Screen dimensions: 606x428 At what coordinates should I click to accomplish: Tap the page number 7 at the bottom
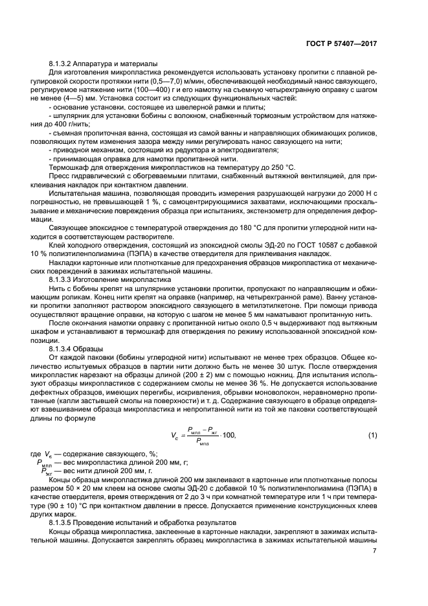pyautogui.click(x=374, y=551)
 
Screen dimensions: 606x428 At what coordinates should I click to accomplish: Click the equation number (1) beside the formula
pyautogui.click(x=372, y=434)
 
